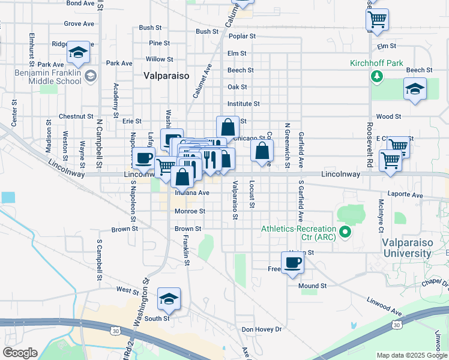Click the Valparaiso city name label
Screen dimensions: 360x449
coord(166,76)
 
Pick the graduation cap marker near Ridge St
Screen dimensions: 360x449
coord(78,53)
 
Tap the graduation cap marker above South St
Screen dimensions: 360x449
coord(169,299)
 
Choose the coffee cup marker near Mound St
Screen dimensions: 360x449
coord(292,263)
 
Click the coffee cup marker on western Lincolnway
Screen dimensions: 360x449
coord(143,158)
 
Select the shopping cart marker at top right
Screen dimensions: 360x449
coord(377,20)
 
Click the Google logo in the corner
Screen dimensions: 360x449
coord(20,353)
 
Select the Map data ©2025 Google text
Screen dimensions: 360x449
coord(411,355)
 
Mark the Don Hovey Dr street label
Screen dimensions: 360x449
coord(261,329)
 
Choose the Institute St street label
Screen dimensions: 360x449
coord(243,104)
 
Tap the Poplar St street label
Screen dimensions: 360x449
coord(242,36)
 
